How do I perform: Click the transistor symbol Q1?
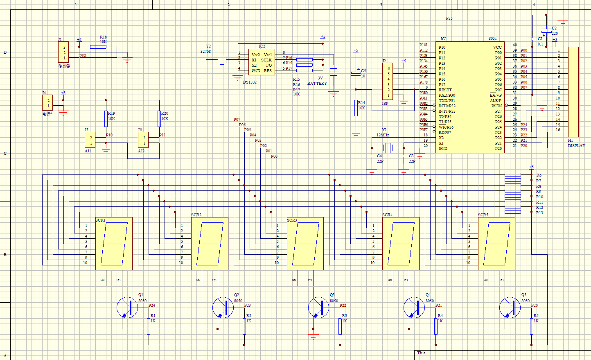(x=127, y=308)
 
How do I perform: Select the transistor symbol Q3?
(x=318, y=308)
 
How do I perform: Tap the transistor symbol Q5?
(x=510, y=308)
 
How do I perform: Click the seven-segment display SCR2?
(x=210, y=244)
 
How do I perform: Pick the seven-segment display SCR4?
(x=401, y=244)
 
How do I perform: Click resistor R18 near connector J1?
(x=98, y=47)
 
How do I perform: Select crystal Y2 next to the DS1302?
(x=222, y=60)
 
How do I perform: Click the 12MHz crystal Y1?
(x=388, y=147)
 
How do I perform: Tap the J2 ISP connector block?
(x=388, y=81)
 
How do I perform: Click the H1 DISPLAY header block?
(x=573, y=92)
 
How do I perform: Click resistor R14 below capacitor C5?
(x=356, y=108)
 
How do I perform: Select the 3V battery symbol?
(x=334, y=70)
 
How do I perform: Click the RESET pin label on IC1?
(x=445, y=90)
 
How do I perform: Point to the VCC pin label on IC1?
(x=497, y=47)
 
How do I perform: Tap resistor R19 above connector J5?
(x=106, y=118)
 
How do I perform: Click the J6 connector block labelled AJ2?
(x=143, y=140)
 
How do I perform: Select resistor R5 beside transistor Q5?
(x=532, y=326)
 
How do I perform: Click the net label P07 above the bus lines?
(x=237, y=120)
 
